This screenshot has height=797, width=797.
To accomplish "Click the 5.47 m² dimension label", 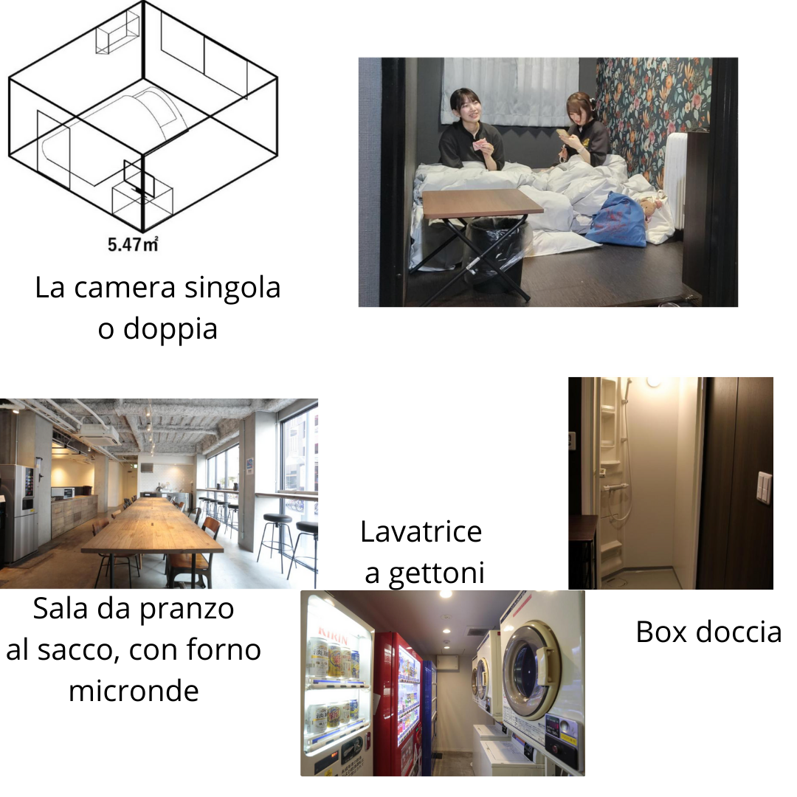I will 133,244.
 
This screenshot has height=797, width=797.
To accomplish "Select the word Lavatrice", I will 421,531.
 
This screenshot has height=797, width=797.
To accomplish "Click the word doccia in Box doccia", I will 740,632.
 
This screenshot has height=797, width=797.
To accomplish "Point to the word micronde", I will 134,691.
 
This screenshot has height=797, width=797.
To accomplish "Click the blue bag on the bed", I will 616,219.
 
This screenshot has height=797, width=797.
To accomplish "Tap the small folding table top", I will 482,201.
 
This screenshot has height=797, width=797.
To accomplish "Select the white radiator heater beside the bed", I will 676,177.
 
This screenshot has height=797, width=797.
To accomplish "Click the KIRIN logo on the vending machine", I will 334,633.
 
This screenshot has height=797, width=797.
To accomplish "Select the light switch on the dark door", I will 764,487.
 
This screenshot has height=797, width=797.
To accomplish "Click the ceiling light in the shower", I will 652,382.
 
